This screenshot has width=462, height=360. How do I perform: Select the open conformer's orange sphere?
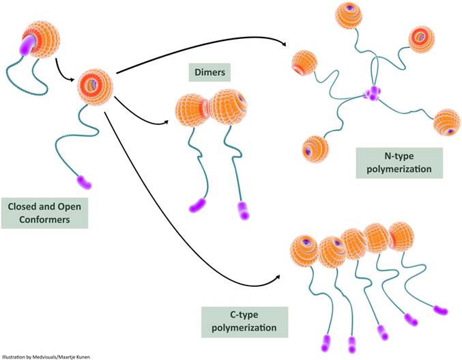(94, 85)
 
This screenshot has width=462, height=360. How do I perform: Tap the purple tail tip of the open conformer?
(84, 181)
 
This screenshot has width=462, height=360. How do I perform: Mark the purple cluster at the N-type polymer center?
(373, 93)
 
